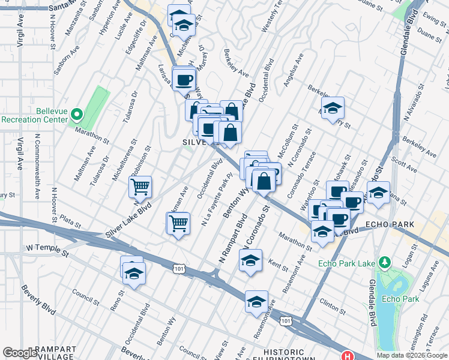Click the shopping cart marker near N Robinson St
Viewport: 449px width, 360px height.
coord(140,187)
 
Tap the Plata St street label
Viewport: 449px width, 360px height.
coord(70,223)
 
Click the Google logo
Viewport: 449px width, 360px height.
coord(20,353)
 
